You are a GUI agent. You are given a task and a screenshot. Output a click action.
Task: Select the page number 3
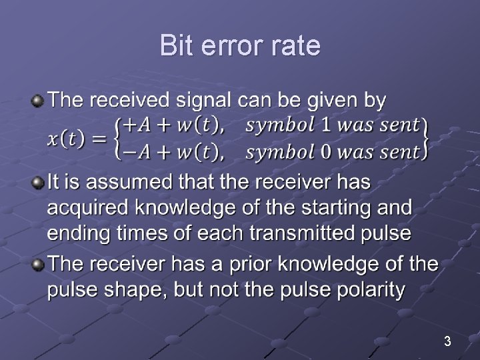coord(447,342)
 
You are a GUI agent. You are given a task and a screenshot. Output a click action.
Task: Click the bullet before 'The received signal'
coord(38,101)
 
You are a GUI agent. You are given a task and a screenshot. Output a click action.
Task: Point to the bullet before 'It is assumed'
coord(38,182)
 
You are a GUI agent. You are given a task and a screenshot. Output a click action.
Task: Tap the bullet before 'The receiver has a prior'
coord(38,263)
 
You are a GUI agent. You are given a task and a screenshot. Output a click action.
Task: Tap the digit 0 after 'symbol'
coord(327,152)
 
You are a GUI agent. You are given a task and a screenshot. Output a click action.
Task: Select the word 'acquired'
coord(88,209)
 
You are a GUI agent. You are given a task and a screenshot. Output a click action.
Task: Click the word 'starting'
coord(340,208)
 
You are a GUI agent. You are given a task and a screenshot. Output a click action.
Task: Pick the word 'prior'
coord(252,263)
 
